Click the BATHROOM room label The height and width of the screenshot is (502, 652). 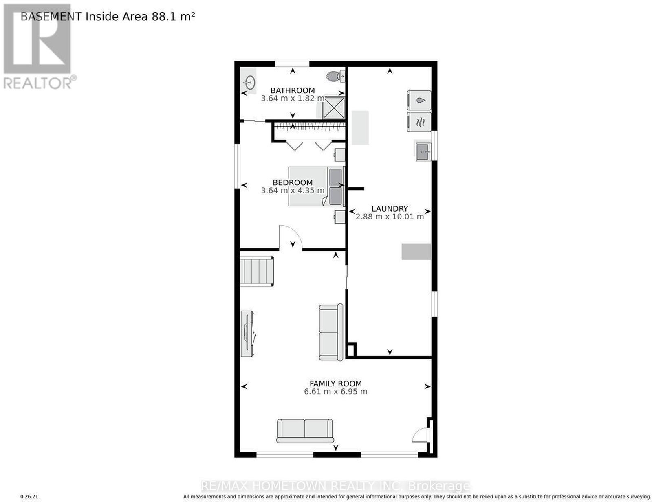[293, 90]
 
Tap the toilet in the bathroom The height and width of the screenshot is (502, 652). [335, 77]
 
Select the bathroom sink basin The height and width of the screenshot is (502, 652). [250, 82]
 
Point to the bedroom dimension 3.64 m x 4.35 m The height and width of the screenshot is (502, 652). [293, 190]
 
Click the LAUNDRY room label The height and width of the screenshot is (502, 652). [390, 208]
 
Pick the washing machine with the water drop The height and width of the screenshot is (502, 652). [419, 101]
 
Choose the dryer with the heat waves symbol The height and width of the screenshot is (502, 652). [419, 122]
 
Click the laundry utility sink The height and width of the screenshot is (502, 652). [423, 151]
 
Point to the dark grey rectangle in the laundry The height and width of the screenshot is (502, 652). [416, 252]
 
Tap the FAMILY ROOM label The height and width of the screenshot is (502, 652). [335, 384]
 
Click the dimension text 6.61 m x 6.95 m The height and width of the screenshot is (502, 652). [335, 391]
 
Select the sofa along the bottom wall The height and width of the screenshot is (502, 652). [305, 431]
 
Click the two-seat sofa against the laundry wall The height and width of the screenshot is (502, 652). [331, 332]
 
